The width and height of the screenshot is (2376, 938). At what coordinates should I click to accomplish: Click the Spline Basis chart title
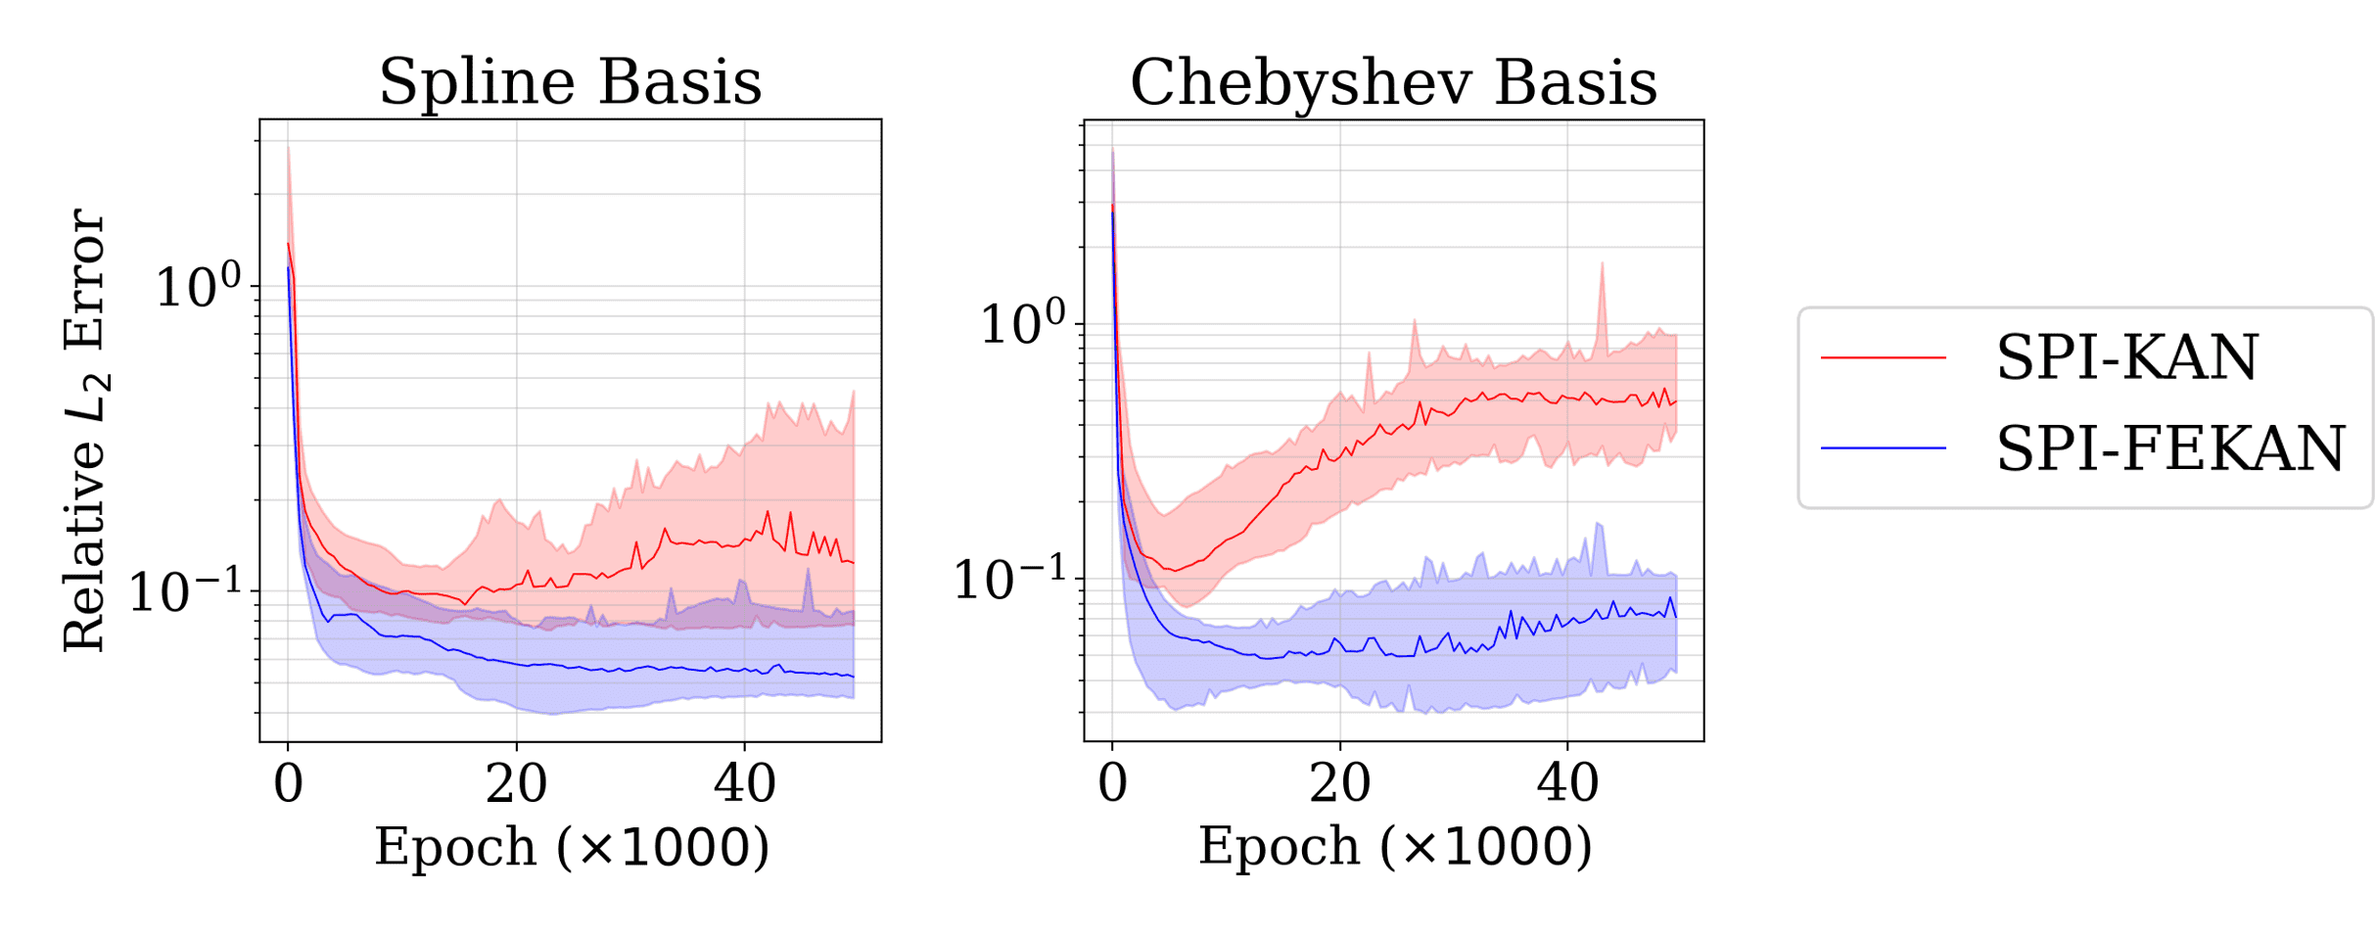(x=570, y=81)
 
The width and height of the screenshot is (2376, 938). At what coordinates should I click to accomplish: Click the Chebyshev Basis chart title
(x=1393, y=81)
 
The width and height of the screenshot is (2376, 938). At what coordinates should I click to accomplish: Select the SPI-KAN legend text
(x=2126, y=357)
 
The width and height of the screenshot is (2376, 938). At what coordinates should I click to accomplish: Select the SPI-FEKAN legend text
(x=2170, y=448)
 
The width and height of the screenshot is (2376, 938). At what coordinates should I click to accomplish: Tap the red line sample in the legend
(x=1883, y=358)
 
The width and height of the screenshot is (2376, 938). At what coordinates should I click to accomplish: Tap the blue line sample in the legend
(x=1883, y=448)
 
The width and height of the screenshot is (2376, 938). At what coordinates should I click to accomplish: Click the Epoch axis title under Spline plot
(x=572, y=846)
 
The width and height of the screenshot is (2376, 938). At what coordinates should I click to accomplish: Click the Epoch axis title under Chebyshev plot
(x=1395, y=846)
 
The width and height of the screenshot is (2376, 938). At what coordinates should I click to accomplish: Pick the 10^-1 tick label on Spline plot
(x=185, y=592)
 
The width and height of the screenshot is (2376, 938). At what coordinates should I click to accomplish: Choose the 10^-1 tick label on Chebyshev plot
(x=1009, y=580)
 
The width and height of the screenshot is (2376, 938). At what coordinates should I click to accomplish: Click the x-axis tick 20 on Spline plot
(x=516, y=784)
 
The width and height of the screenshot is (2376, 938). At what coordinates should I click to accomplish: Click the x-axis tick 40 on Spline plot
(x=744, y=784)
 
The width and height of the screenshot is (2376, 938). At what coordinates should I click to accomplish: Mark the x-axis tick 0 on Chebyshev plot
(x=1112, y=784)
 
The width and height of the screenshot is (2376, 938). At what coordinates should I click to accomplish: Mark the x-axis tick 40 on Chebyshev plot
(x=1567, y=784)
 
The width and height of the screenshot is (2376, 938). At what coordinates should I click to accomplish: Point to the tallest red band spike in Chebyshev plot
(x=1602, y=266)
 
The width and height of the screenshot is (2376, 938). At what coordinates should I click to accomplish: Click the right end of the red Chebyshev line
(x=1675, y=401)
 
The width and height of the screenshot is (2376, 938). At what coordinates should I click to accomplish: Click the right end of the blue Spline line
(x=853, y=676)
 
